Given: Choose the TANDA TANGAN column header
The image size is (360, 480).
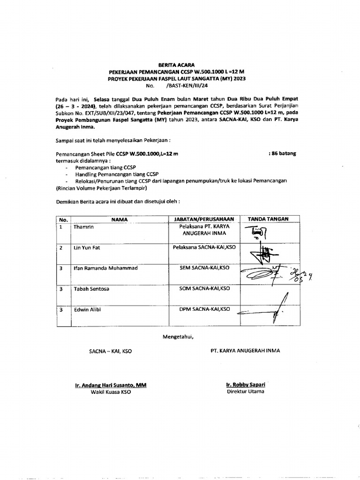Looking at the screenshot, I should tap(268, 219).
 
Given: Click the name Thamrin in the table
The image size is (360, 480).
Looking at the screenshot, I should tap(84, 227).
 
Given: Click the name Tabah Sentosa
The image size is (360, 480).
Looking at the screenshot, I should tap(91, 289).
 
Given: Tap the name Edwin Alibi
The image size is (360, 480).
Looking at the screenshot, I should tap(87, 309).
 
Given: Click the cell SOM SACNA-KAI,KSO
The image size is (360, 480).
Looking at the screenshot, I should tap(204, 289).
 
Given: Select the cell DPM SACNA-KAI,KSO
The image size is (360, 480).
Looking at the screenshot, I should tap(204, 309).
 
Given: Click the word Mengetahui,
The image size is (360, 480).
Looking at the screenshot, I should tap(178, 336).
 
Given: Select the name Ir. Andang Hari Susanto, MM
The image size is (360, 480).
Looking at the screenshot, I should tap(111, 385).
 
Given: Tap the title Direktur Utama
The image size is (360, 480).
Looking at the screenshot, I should tap(245, 391).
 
